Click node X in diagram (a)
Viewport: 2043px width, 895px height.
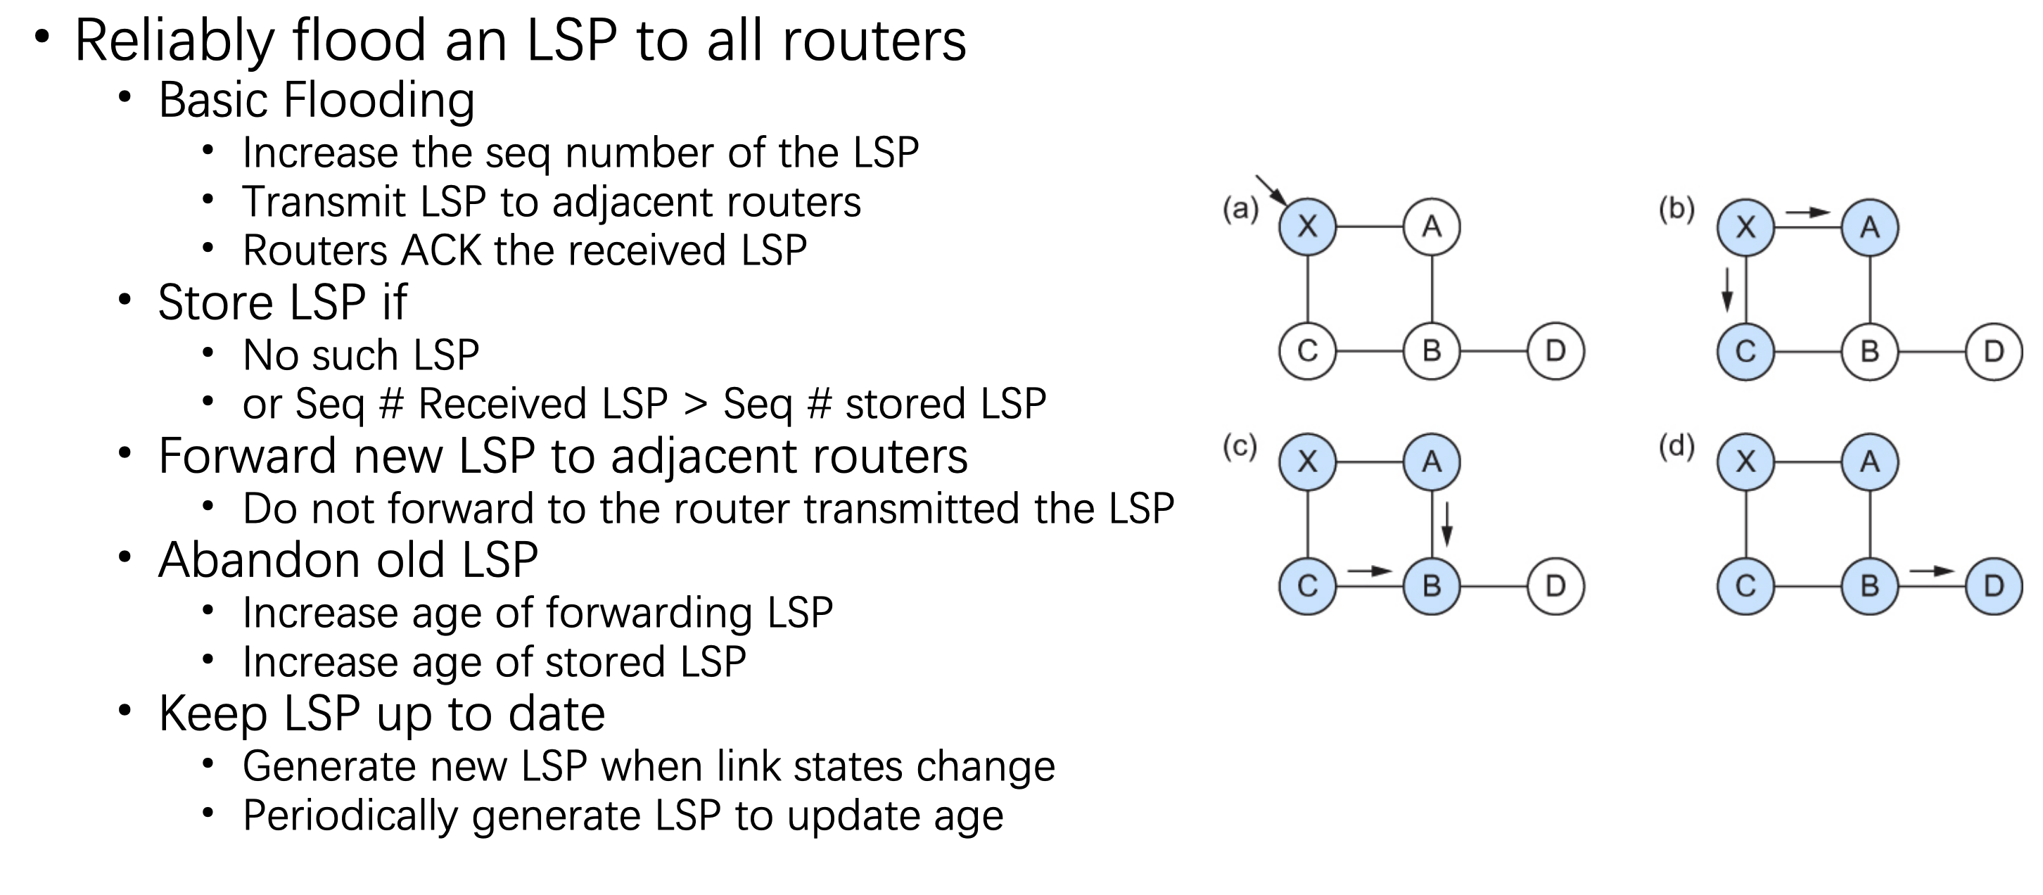click(1308, 227)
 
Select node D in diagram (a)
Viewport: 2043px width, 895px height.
click(1555, 350)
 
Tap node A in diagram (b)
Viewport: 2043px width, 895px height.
click(1870, 228)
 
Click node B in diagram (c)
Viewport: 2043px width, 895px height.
click(1432, 585)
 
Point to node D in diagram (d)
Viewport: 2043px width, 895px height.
click(1994, 585)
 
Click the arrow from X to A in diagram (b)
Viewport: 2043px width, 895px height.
click(1807, 212)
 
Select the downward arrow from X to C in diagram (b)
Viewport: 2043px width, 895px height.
click(1726, 290)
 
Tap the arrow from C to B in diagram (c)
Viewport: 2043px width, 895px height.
click(1370, 571)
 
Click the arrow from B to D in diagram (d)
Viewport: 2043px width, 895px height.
click(1932, 571)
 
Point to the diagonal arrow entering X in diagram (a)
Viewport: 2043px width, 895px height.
click(1272, 191)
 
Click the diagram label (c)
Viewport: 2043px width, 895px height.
click(1240, 447)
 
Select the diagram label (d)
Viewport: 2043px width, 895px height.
click(1676, 447)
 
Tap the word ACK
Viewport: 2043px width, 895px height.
click(442, 250)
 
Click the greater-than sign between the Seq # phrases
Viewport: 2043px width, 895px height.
click(696, 405)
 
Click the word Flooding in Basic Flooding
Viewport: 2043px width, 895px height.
click(379, 102)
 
